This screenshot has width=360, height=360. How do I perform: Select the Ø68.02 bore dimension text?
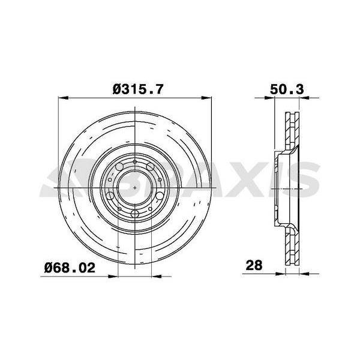pos(70,268)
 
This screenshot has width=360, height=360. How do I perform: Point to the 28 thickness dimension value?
pos(255,265)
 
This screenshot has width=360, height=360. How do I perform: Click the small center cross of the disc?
pos(137,188)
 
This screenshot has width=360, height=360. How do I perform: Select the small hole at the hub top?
pos(137,161)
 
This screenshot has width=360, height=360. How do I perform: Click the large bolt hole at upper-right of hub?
pos(155,167)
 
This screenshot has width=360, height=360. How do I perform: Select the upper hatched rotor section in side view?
pos(293,129)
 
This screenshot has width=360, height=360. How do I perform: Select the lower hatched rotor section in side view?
pos(293,246)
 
